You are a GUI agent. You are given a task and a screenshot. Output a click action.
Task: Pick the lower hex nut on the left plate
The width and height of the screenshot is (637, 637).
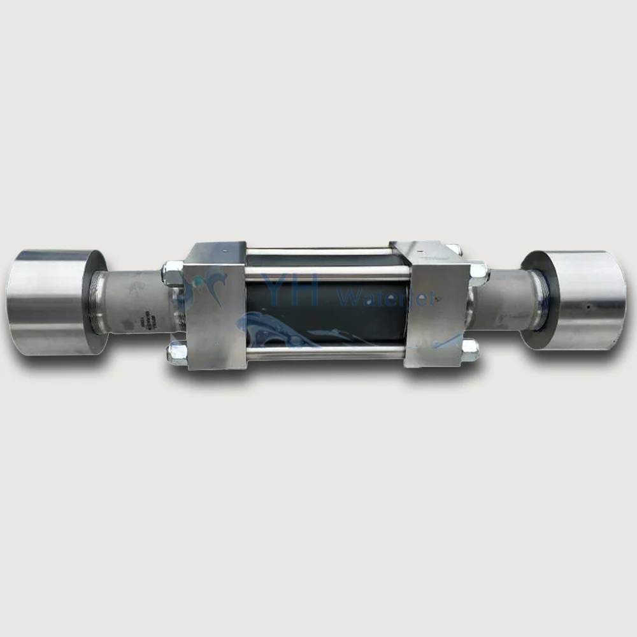point(176,354)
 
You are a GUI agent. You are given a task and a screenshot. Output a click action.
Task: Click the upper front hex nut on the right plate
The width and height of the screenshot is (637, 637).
point(478,273)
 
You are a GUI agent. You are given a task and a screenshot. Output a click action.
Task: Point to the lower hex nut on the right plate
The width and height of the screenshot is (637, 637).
point(470,350)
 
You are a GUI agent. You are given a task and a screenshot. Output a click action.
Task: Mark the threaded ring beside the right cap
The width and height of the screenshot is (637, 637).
point(539,298)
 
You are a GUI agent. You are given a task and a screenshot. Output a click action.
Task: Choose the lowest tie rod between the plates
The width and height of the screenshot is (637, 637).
point(325,352)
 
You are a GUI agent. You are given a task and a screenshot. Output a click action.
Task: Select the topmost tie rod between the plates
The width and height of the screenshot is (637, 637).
point(318,251)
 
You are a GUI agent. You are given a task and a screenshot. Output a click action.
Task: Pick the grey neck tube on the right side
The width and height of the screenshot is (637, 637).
point(500,299)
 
